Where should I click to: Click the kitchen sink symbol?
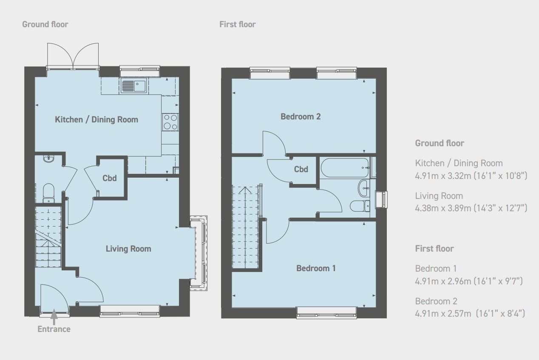pos(133,86)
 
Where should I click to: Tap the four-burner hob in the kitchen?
pos(170,122)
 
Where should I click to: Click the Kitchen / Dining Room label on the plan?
pos(96,119)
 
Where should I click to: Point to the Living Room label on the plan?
pos(128,249)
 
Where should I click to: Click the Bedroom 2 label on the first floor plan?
pos(301,116)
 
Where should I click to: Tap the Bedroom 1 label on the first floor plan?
pos(316,268)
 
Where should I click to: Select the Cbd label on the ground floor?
pos(110,179)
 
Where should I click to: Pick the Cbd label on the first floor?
pos(301,169)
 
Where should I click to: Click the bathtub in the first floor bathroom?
pos(345,168)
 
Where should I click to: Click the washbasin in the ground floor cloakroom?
pos(48,159)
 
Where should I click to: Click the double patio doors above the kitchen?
pos(74,56)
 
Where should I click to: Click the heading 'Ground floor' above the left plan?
pos(45,24)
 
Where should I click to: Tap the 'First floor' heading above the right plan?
pos(238,24)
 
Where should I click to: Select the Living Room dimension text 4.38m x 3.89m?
pos(471,208)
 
